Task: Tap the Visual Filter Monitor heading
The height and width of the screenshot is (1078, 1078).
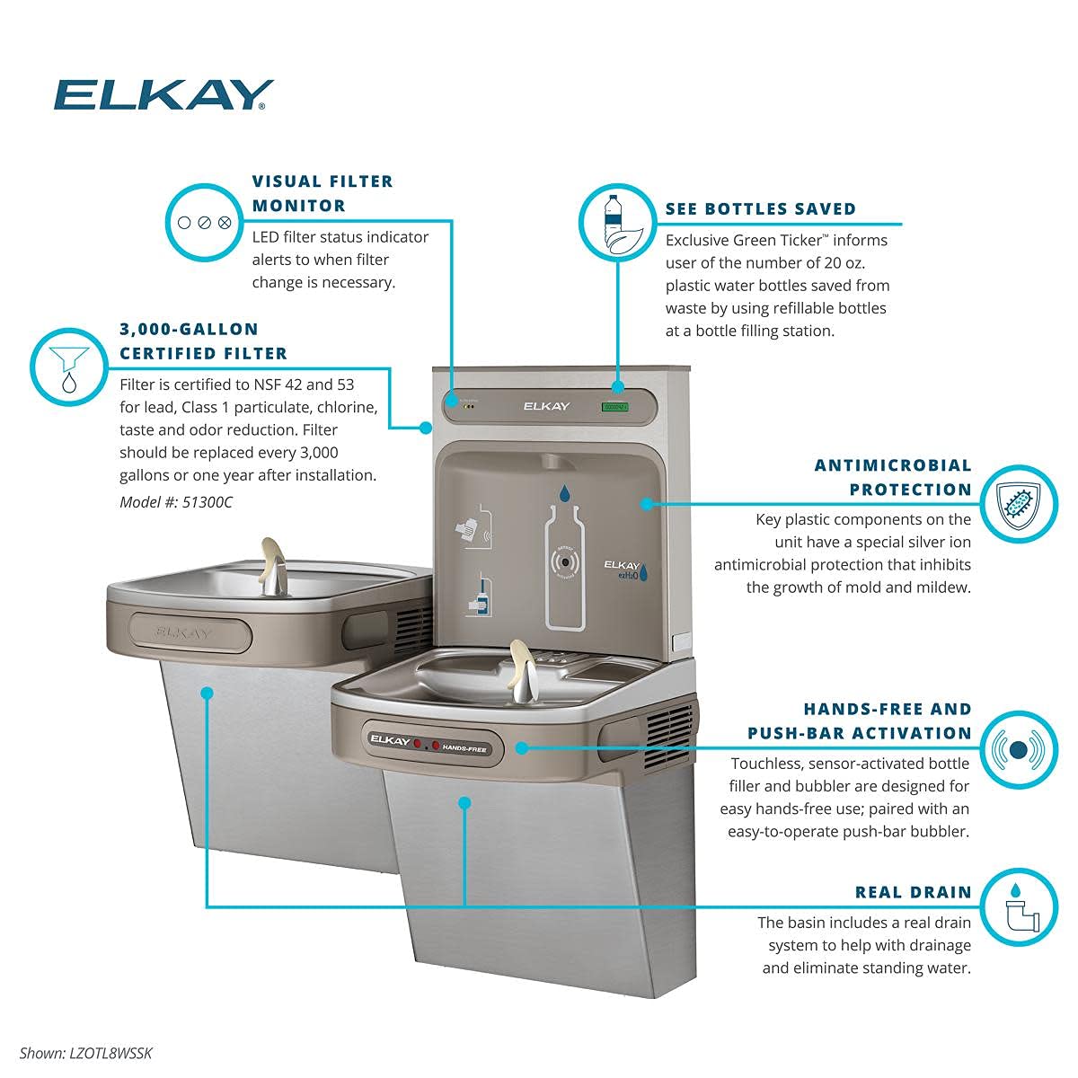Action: pos(323,193)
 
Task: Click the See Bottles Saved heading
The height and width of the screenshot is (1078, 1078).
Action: pos(760,208)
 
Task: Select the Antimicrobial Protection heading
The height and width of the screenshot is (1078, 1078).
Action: pos(892,477)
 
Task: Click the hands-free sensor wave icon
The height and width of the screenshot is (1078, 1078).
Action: pos(1018,748)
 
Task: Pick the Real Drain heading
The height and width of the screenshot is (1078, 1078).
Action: pos(913,892)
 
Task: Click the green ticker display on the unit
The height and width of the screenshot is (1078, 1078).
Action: pos(614,407)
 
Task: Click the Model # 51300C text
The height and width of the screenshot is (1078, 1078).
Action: pos(176,502)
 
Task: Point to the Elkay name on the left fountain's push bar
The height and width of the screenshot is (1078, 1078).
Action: pos(184,632)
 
